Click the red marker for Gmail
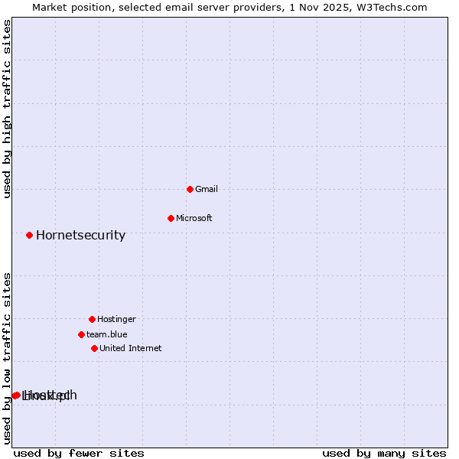(190, 189)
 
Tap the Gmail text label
(207, 189)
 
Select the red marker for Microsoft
(171, 218)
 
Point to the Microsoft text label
(194, 218)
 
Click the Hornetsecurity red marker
(29, 235)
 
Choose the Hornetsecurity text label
(80, 235)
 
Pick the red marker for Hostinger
(92, 319)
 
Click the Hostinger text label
(116, 319)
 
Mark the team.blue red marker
(81, 334)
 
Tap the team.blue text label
(106, 334)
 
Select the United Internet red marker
(94, 348)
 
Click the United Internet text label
(130, 348)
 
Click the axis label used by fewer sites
(79, 453)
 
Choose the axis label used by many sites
(384, 453)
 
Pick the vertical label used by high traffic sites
(7, 109)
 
